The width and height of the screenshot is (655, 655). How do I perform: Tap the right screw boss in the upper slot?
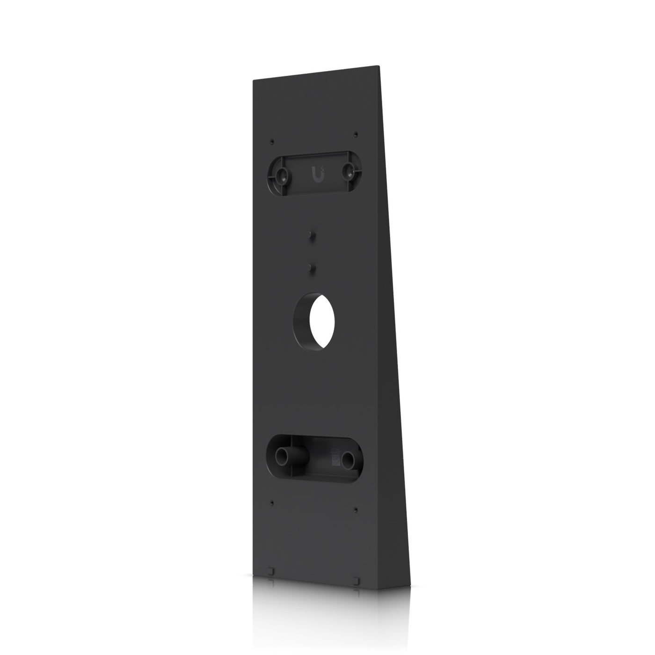[349, 172]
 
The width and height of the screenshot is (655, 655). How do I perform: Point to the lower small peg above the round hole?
[311, 267]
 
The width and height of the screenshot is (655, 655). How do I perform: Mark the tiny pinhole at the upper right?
[356, 134]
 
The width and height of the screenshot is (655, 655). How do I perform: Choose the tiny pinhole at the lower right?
[356, 509]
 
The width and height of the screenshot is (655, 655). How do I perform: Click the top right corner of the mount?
[378, 65]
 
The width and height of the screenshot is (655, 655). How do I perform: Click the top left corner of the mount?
[253, 80]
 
